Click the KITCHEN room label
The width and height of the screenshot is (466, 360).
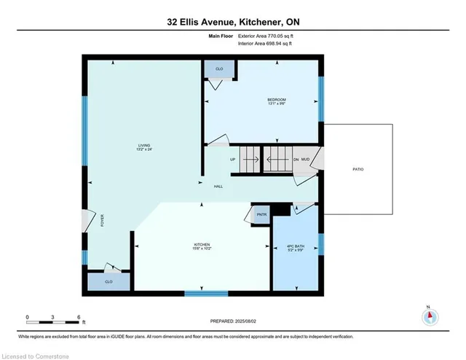(202, 246)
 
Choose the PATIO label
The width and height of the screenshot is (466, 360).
(358, 169)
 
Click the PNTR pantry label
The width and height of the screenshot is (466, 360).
(260, 215)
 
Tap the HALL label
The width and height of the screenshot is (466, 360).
(218, 187)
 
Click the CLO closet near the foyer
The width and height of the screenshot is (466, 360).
(108, 281)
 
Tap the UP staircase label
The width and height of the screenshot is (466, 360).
(233, 159)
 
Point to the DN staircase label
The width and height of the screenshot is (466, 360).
(296, 159)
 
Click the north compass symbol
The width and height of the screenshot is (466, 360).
(430, 316)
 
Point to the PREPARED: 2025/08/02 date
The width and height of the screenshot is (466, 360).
(232, 321)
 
